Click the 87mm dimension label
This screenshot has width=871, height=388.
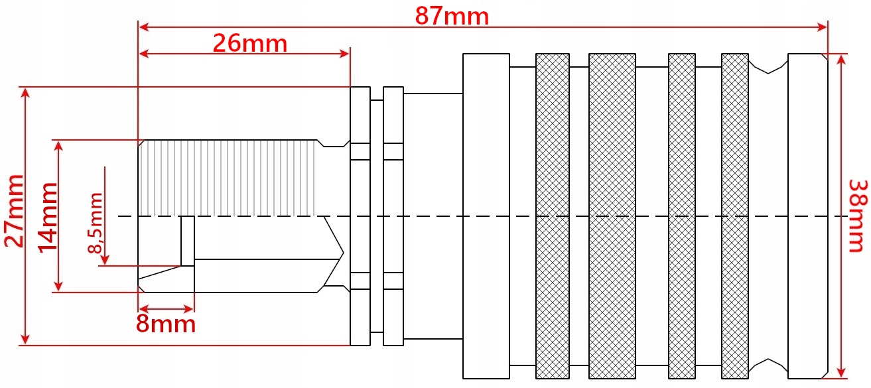tap(452, 17)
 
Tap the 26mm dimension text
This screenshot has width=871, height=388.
tap(250, 43)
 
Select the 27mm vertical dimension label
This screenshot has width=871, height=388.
tap(14, 211)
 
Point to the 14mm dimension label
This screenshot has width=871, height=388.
tap(48, 218)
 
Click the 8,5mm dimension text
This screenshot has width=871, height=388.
tap(96, 223)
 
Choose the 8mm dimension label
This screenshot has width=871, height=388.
tap(166, 324)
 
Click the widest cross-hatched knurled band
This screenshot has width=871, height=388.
tap(612, 216)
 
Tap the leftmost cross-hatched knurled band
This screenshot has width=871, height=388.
tap(553, 216)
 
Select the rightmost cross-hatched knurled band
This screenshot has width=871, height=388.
tap(735, 216)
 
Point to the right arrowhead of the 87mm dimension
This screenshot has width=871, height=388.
tap(822, 27)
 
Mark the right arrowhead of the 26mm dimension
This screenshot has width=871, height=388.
tap(344, 54)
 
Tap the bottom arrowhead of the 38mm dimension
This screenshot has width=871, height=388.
tap(841, 372)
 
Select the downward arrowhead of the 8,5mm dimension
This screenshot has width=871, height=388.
tap(105, 260)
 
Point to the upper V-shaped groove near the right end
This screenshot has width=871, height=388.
tap(768, 66)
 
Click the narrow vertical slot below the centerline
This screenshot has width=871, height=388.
tap(188, 241)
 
